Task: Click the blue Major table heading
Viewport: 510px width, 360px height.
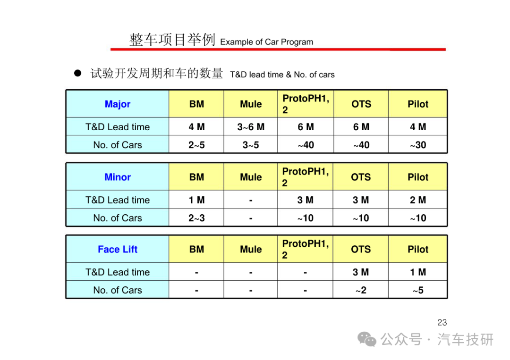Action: click(x=118, y=104)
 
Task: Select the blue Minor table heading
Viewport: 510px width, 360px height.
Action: click(x=118, y=177)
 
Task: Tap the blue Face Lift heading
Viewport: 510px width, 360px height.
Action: click(x=118, y=249)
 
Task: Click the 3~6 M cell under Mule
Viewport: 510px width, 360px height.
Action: click(x=251, y=127)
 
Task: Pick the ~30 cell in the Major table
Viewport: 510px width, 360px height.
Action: click(x=418, y=145)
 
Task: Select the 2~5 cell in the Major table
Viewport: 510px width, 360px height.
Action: click(x=196, y=145)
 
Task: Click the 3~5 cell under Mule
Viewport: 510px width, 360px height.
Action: click(x=251, y=145)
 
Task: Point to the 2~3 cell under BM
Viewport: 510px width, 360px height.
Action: click(x=196, y=218)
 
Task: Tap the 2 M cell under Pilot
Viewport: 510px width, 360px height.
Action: click(x=418, y=200)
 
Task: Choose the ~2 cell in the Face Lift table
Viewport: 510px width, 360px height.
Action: click(x=361, y=290)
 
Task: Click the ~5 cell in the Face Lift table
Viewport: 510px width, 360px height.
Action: click(x=418, y=290)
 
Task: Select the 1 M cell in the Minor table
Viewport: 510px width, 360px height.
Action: click(x=196, y=200)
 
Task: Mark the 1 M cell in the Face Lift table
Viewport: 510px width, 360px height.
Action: click(x=418, y=272)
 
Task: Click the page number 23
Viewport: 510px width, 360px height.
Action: click(x=442, y=323)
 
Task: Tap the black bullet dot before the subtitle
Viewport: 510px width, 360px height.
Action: click(x=77, y=73)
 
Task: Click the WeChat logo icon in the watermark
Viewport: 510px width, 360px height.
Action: click(x=367, y=340)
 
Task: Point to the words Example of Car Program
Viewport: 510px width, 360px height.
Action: click(x=267, y=42)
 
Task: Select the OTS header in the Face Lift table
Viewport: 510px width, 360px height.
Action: click(x=361, y=249)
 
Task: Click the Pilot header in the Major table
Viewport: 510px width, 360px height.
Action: click(x=418, y=104)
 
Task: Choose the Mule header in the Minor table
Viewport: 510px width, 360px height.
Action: click(x=251, y=177)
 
